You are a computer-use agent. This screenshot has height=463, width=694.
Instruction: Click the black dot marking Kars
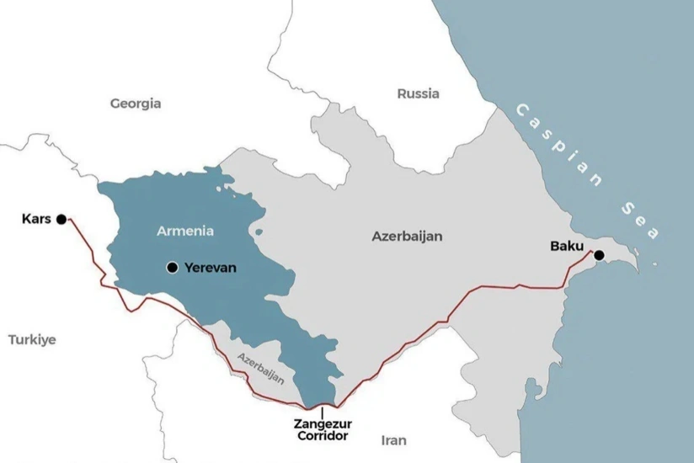[x=61, y=220]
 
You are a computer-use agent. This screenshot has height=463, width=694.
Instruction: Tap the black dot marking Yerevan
[x=172, y=268]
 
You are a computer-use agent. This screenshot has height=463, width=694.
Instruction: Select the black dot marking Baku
[x=599, y=255]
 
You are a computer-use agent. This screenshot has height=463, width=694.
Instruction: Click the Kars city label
[x=36, y=220]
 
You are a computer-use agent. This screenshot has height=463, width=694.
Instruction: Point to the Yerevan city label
[x=211, y=268]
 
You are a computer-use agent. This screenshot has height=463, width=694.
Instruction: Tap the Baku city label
[x=566, y=246]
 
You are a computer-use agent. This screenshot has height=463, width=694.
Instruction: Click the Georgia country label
[x=136, y=104]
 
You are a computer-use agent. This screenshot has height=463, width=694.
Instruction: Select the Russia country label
[x=418, y=93]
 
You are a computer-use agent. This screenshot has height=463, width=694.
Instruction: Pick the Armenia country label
[x=185, y=230]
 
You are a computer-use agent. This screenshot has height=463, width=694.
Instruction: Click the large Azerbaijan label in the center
[x=407, y=237]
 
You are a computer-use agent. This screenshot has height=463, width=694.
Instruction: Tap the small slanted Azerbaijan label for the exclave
[x=260, y=368]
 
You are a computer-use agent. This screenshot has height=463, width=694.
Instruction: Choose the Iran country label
[x=393, y=440]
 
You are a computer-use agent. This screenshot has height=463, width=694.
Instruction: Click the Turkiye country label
[x=32, y=339]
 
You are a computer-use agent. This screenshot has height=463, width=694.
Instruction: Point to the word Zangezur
[x=322, y=424]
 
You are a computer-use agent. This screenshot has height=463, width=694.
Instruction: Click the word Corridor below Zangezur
[x=322, y=436]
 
